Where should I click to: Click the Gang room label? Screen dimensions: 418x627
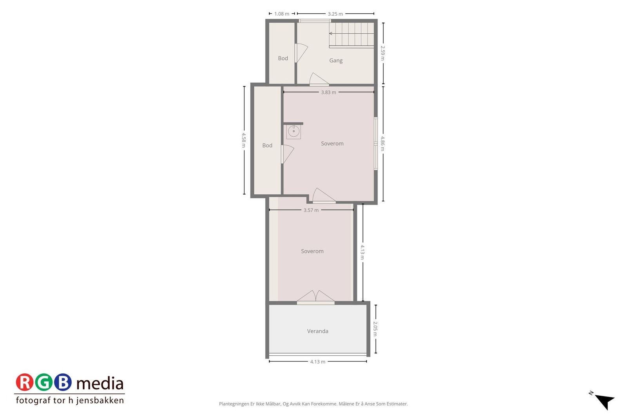[x=336, y=60]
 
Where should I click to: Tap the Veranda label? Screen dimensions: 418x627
[x=317, y=331]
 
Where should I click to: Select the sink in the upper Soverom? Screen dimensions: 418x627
[x=294, y=131]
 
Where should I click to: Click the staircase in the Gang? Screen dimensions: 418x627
[x=352, y=34]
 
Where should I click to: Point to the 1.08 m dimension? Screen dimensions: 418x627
[x=282, y=14]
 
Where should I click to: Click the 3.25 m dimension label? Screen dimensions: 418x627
[x=335, y=14]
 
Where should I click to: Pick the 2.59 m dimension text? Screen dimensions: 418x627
[x=383, y=53]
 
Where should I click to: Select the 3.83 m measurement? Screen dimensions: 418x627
[x=328, y=92]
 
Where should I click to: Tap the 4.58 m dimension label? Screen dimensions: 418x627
[x=244, y=140]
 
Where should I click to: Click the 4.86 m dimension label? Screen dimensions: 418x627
[x=383, y=143]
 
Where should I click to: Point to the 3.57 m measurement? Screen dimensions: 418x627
[x=311, y=210]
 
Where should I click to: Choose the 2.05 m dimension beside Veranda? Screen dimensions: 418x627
[x=375, y=329]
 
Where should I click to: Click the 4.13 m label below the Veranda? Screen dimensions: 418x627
[x=317, y=362]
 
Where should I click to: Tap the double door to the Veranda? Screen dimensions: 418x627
[x=316, y=297]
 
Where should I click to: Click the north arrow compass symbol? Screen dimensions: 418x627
[x=604, y=400]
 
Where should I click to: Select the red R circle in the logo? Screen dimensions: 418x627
[x=25, y=382]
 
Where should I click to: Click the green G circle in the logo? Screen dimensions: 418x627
[x=43, y=382]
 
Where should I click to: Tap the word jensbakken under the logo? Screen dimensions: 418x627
[x=100, y=400]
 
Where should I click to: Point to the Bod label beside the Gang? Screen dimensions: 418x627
[x=283, y=58]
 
